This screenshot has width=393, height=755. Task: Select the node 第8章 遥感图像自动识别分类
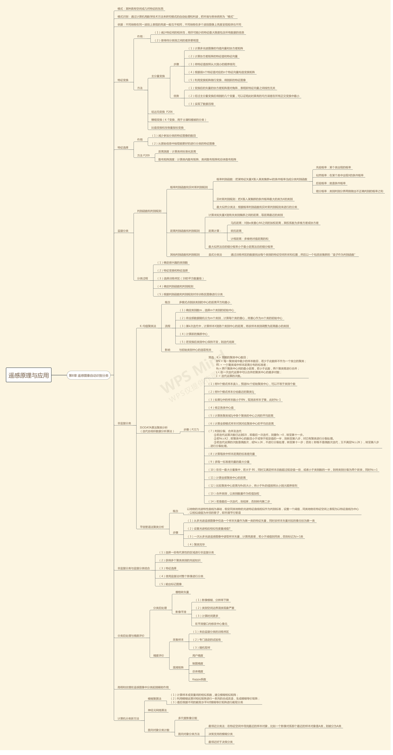pyautogui.click(x=88, y=375)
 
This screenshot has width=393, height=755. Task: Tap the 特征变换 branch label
pyautogui.click(x=123, y=80)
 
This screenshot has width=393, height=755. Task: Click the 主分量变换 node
pyautogui.click(x=158, y=76)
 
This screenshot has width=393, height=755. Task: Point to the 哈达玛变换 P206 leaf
pyautogui.click(x=162, y=112)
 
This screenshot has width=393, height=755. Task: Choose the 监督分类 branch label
pyautogui.click(x=123, y=231)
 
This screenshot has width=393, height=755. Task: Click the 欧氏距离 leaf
pyautogui.click(x=236, y=231)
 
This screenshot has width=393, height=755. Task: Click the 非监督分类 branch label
pyautogui.click(x=124, y=423)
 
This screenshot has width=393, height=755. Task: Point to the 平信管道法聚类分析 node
pyautogui.click(x=152, y=527)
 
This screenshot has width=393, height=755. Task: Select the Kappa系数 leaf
pyautogui.click(x=199, y=679)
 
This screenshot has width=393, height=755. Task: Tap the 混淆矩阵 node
pyautogui.click(x=178, y=667)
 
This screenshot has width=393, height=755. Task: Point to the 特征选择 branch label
pyautogui.click(x=123, y=147)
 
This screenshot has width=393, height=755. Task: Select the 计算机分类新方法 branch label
pyautogui.click(x=128, y=718)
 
